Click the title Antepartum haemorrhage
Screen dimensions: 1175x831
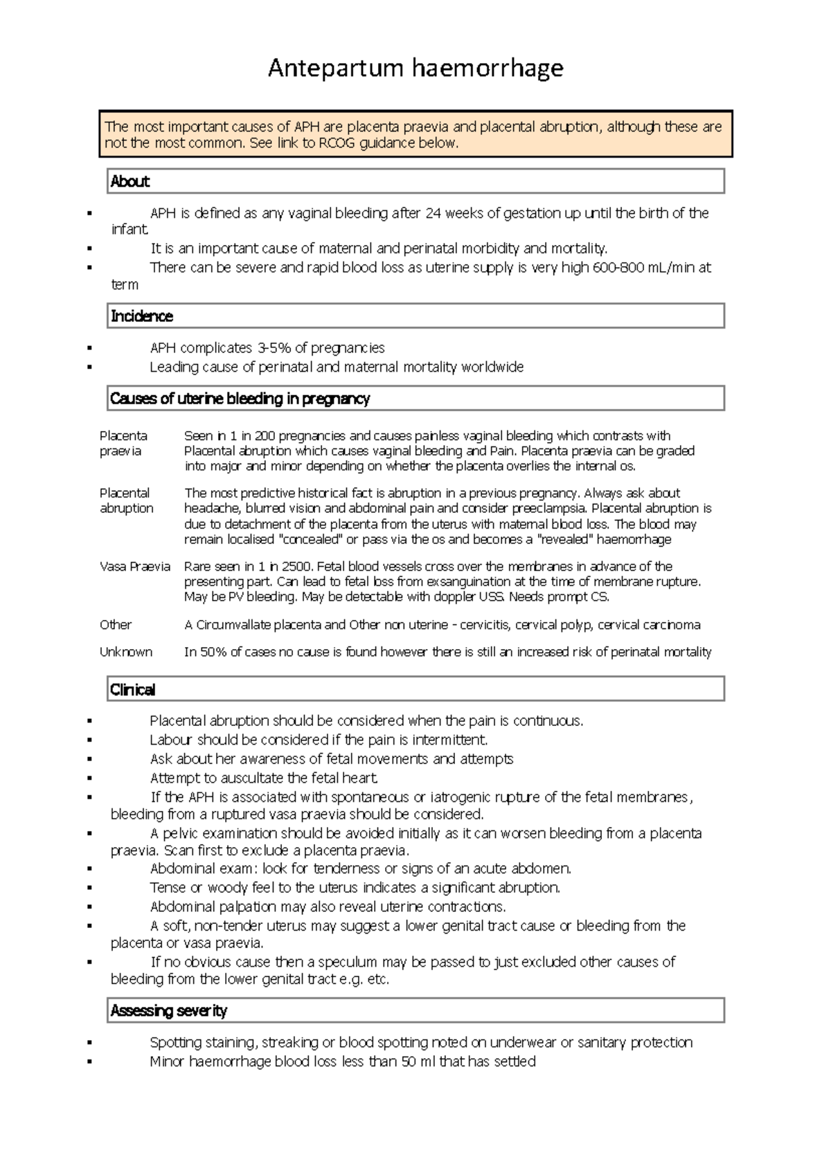click(x=415, y=68)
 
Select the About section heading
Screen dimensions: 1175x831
click(x=129, y=181)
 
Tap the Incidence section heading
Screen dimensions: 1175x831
click(x=141, y=316)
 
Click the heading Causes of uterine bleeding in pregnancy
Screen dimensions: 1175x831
click(x=240, y=399)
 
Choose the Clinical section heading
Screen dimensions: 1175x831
click(x=132, y=690)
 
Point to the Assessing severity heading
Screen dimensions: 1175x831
click(x=169, y=1011)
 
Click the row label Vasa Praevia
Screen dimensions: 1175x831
click(x=134, y=567)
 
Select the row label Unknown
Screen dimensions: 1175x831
click(x=125, y=652)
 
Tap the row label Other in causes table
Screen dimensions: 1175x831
click(x=115, y=625)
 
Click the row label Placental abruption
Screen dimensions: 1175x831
click(x=125, y=500)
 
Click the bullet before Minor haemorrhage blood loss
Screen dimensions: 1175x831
click(x=89, y=1062)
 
